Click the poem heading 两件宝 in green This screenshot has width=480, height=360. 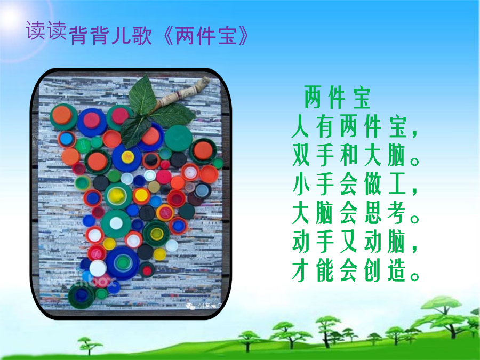click(x=338, y=98)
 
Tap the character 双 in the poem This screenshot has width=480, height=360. click(x=301, y=156)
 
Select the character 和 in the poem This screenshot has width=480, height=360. click(x=349, y=156)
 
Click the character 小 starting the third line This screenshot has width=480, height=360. click(x=301, y=185)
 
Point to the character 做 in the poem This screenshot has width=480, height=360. click(x=373, y=185)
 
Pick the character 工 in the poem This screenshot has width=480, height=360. click(x=397, y=185)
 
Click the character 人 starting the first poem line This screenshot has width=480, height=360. click(x=301, y=127)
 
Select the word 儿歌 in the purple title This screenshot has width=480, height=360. click(x=132, y=36)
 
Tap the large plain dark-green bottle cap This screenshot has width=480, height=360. click(x=178, y=138)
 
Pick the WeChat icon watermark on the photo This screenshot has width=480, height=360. click(x=190, y=306)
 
